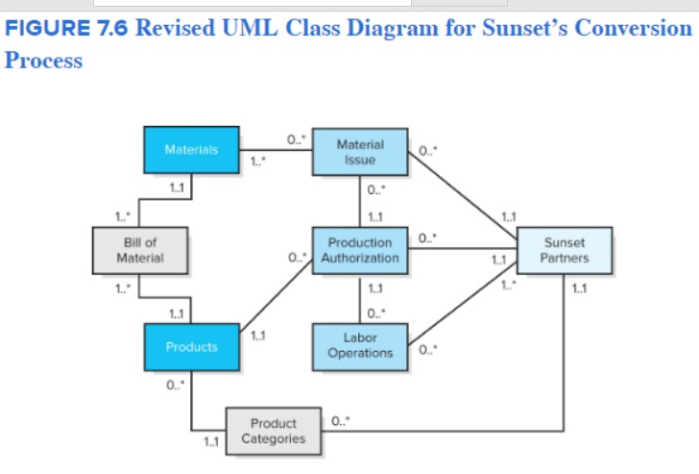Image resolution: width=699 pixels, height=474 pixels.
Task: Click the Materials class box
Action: tap(191, 150)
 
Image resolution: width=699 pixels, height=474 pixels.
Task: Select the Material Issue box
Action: tap(360, 152)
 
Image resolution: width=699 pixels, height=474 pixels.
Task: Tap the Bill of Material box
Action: tap(139, 250)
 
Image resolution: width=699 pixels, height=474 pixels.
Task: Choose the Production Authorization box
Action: tap(360, 250)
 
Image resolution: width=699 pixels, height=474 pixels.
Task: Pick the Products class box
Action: tap(191, 347)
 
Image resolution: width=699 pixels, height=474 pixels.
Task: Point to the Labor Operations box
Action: tap(360, 346)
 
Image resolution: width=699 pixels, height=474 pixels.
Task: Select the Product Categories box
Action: tap(273, 431)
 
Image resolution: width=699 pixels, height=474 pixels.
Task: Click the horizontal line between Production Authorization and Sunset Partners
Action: tap(461, 250)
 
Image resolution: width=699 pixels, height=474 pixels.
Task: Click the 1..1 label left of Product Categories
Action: tap(210, 442)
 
